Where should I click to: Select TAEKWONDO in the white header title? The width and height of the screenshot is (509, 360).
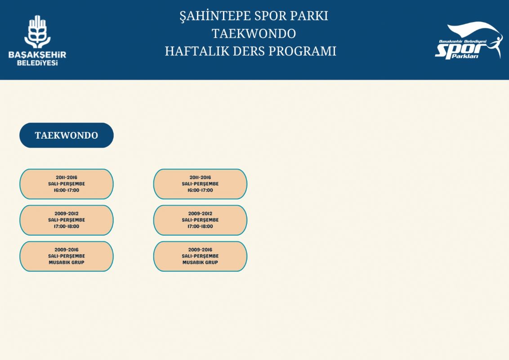click(x=254, y=34)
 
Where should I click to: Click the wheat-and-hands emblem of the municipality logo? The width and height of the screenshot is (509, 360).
click(x=37, y=31)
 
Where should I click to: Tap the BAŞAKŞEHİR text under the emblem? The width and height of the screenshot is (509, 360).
click(x=37, y=54)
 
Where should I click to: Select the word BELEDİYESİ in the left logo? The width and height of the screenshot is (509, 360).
click(x=37, y=63)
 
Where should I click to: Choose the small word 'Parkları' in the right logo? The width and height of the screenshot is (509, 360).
click(x=465, y=57)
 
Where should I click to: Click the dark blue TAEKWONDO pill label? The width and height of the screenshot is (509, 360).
click(x=67, y=135)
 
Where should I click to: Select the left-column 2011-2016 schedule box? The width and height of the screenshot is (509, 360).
click(x=67, y=184)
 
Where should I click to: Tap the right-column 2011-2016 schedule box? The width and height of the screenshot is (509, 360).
click(x=200, y=184)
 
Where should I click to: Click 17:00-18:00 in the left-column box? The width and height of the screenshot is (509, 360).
click(x=67, y=226)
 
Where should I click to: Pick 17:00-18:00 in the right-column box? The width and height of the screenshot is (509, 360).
click(x=200, y=226)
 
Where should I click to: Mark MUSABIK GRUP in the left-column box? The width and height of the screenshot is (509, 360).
click(x=67, y=262)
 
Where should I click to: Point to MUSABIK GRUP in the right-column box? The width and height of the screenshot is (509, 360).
click(x=200, y=262)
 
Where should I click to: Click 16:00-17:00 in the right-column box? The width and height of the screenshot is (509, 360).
click(x=200, y=190)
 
